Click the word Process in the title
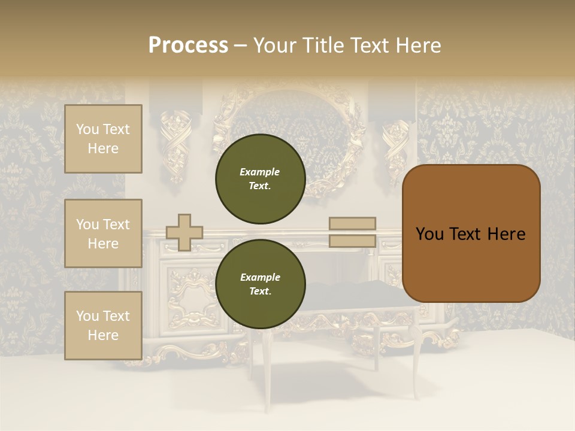(188, 45)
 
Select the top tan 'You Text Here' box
(103, 139)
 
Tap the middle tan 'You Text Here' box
(103, 233)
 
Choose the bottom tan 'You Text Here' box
(103, 326)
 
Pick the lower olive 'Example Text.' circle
(260, 284)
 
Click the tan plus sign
(184, 232)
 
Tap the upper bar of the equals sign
(352, 223)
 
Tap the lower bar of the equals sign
(352, 241)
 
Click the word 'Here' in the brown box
(506, 234)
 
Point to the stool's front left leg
(267, 365)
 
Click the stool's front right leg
(415, 365)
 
